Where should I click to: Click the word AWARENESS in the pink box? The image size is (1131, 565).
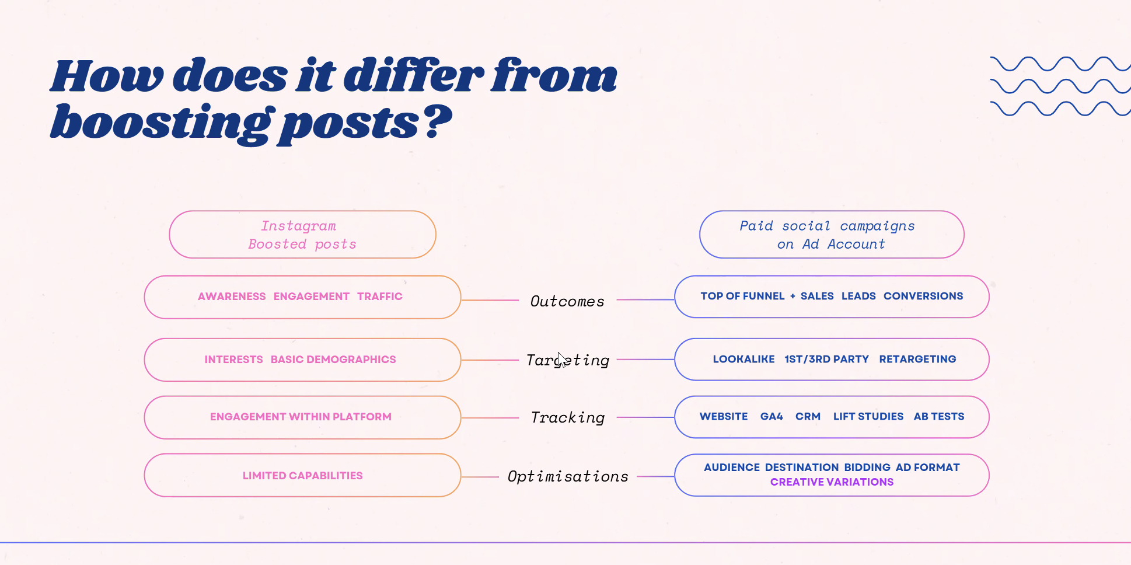click(232, 297)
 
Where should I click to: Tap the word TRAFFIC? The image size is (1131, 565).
click(380, 297)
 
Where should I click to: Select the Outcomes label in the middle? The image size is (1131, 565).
click(567, 301)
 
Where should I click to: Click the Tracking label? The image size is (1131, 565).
click(568, 417)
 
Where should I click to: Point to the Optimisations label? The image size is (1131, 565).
click(568, 476)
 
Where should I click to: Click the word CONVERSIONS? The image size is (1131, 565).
click(923, 296)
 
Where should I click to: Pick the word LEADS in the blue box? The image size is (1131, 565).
click(858, 296)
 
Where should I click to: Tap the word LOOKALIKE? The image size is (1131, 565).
click(743, 359)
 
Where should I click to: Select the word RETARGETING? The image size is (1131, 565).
click(917, 359)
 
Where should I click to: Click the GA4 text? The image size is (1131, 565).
click(772, 416)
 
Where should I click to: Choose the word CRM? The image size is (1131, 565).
click(808, 416)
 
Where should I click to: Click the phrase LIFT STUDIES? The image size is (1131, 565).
click(868, 416)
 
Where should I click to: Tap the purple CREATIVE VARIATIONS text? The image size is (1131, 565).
click(832, 482)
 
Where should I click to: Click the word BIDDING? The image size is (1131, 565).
click(867, 468)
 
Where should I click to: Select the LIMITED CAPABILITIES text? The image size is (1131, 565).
click(302, 476)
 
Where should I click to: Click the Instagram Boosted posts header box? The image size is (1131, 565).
click(302, 235)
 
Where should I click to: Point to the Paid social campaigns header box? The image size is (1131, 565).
click(832, 235)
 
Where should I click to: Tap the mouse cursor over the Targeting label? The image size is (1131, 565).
click(561, 358)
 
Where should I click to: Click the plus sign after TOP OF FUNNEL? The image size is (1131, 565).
click(793, 297)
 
